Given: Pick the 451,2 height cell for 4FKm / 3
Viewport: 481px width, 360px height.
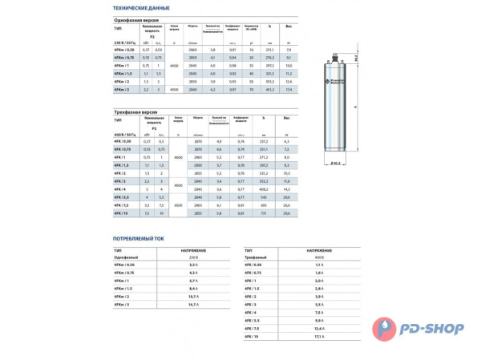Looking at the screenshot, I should point(269,93).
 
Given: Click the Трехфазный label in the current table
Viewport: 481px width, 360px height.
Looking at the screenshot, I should point(256,257).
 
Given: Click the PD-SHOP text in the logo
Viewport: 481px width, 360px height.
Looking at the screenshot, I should point(438,326).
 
